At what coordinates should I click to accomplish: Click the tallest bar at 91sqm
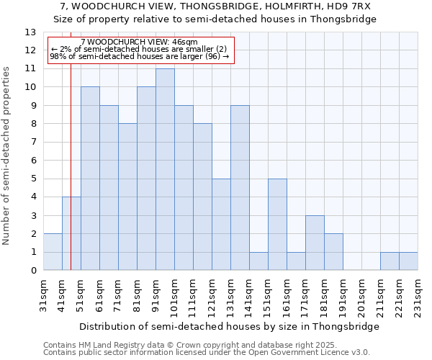point(165,170)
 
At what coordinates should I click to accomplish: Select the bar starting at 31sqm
point(53,252)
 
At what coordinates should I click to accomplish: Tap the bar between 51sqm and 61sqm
point(90,179)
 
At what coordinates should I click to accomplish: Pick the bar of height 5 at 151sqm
point(277,225)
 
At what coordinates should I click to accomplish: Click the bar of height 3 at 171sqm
point(315,243)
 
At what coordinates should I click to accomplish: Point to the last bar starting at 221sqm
point(408,261)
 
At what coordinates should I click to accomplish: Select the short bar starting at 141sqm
point(258,261)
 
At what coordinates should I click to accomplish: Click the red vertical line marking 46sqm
point(71,180)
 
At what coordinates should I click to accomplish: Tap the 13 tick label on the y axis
point(30,32)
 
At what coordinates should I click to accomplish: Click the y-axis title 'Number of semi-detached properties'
point(6,156)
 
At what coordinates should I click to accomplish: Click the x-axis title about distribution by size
point(229,326)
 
